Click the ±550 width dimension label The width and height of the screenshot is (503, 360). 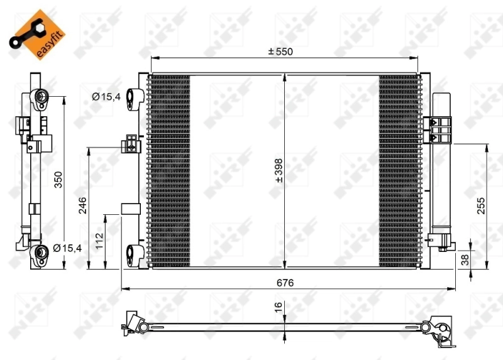[x=280, y=51]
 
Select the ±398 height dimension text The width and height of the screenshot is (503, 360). [x=279, y=170]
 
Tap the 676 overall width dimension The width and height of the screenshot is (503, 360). [x=285, y=283]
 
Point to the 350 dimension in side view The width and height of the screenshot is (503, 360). [x=57, y=181]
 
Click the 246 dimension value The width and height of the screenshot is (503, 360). [x=82, y=205]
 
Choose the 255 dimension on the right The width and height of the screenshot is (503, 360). [x=481, y=207]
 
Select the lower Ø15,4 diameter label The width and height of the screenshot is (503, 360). [x=68, y=248]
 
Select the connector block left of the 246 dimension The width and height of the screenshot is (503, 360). [x=131, y=144]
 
